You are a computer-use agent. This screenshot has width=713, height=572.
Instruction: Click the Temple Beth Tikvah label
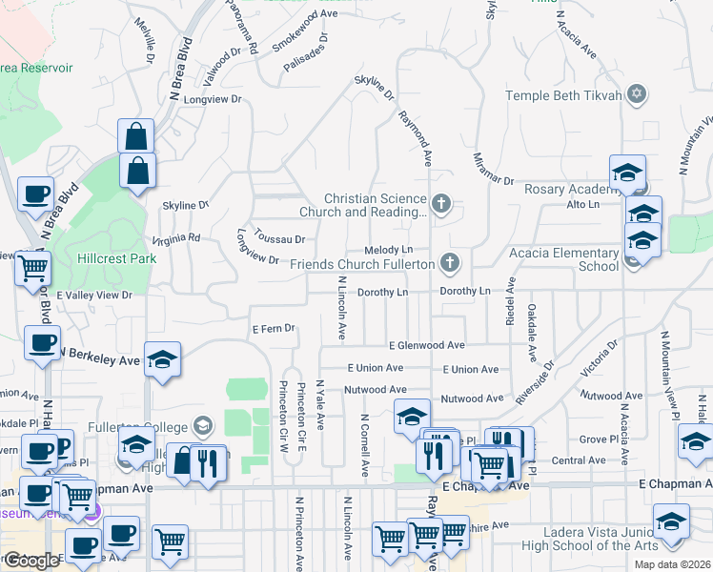pos(563,94)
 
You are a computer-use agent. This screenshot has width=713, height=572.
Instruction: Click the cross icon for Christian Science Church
pos(439,202)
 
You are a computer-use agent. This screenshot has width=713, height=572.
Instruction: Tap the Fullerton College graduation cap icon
pos(202,425)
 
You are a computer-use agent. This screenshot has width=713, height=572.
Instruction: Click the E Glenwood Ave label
pos(426,345)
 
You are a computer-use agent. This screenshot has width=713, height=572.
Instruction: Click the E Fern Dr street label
pos(274,329)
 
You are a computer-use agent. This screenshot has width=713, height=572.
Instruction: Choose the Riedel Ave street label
pos(511,301)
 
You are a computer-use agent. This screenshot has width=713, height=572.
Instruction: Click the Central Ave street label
pos(579,460)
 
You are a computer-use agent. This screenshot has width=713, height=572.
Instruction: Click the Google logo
pos(32,561)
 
